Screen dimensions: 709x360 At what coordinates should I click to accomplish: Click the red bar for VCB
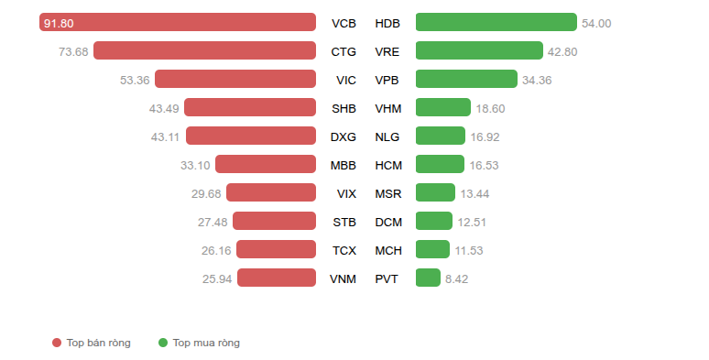tap(178, 22)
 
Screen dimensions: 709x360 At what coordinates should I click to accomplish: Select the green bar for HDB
tap(496, 22)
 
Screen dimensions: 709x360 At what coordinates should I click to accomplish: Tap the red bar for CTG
tap(204, 50)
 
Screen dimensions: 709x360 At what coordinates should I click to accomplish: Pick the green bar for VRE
tap(479, 50)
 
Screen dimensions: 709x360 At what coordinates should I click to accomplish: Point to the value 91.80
tap(59, 24)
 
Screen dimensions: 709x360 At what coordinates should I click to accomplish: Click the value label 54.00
tap(596, 24)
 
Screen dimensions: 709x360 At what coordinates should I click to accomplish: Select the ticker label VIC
tap(346, 81)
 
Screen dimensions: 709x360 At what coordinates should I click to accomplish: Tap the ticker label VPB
tap(387, 81)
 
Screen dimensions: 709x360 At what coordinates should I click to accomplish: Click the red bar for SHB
tap(249, 108)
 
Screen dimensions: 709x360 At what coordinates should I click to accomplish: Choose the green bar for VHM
tap(443, 108)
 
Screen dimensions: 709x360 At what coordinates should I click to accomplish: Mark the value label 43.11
tap(165, 137)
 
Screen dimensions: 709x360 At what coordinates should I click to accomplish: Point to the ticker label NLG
tap(387, 137)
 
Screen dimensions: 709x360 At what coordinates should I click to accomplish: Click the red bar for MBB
tap(266, 164)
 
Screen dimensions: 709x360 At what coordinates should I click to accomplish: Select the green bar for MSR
tap(435, 192)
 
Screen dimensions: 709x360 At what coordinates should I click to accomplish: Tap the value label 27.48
tap(213, 223)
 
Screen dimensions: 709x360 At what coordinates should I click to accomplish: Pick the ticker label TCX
tap(344, 251)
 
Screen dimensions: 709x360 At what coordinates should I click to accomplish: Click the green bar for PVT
tap(428, 278)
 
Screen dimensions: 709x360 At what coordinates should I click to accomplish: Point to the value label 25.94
tap(217, 279)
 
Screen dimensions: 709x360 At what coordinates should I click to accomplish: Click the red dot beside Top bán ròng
tap(57, 343)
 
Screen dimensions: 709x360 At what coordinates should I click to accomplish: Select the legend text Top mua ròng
tap(206, 343)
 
